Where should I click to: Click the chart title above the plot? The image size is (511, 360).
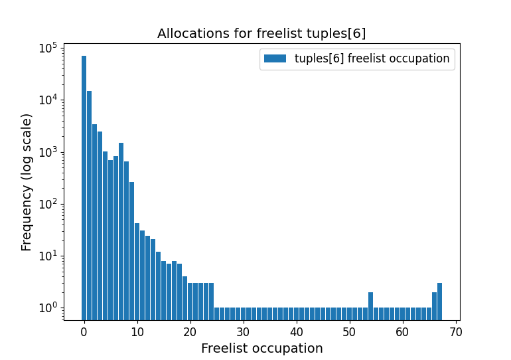[261, 33]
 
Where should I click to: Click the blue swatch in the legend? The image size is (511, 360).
[275, 58]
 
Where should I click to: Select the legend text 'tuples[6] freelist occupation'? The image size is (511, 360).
[372, 58]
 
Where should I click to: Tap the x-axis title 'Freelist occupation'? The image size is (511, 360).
[261, 348]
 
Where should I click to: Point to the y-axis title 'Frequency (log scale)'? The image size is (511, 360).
[27, 182]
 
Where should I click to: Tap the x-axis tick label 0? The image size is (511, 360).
[84, 331]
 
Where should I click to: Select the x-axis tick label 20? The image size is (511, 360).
[190, 331]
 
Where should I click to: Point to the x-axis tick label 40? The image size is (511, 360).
[297, 331]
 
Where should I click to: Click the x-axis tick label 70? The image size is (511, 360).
[455, 331]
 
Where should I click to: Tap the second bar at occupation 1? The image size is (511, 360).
[90, 199]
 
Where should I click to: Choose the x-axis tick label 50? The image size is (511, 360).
[349, 331]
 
